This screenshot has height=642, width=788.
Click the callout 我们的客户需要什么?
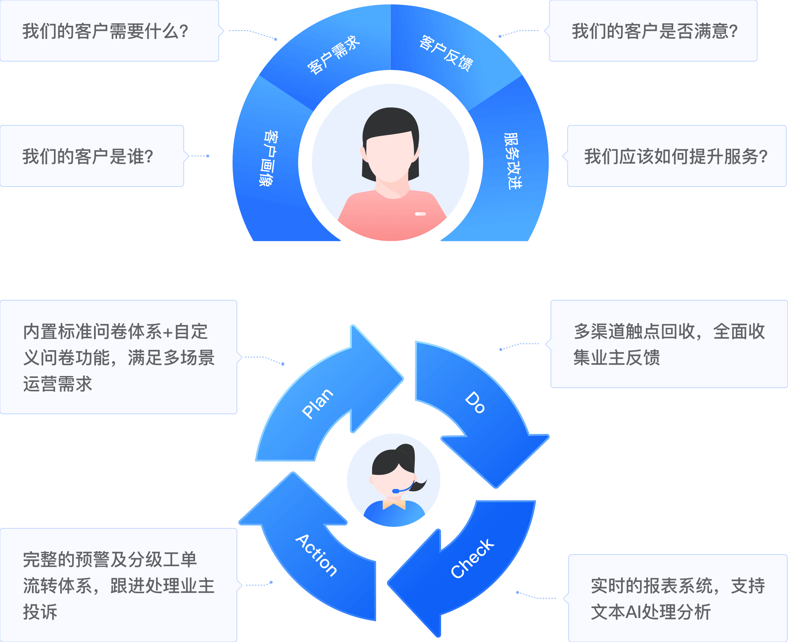(x=106, y=31)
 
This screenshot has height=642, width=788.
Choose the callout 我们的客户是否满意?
(x=655, y=31)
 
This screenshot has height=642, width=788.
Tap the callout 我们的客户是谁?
(x=88, y=156)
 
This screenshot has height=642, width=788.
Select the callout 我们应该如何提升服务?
(x=676, y=156)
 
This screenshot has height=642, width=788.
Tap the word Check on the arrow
(x=472, y=559)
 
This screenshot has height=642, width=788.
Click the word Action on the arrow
(x=316, y=555)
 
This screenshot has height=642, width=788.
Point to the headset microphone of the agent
(x=396, y=491)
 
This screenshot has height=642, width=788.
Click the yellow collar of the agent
(x=394, y=504)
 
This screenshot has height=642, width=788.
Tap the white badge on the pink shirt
(x=420, y=214)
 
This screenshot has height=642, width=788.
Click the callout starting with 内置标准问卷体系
(x=118, y=357)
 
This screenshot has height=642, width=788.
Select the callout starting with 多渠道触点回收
(x=669, y=344)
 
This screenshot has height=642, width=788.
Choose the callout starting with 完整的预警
(x=118, y=586)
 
